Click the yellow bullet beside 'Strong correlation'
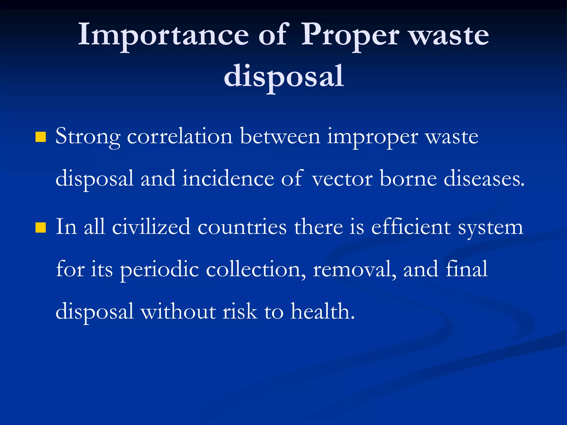[x=40, y=137]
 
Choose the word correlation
[x=180, y=136]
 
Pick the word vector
[x=342, y=179]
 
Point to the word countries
[x=242, y=227]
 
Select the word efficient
[x=411, y=227]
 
